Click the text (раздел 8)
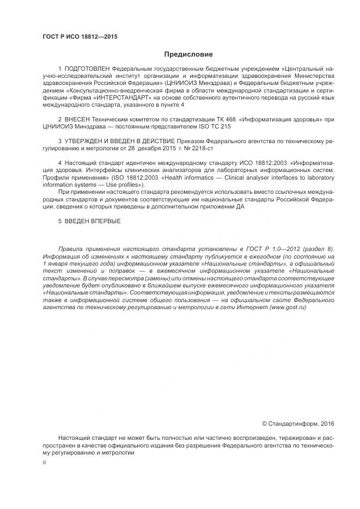pyautogui.click(x=308, y=248)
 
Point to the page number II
pyautogui.click(x=44, y=462)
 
